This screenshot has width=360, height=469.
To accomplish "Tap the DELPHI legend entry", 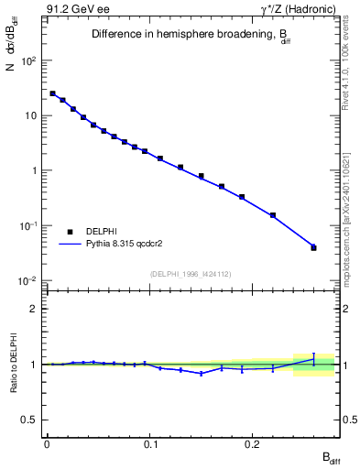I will click(101, 231).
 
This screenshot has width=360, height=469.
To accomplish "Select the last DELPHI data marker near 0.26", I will click(313, 247).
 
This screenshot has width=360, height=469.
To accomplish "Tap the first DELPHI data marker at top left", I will click(52, 93).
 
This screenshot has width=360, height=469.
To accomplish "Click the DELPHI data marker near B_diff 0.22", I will click(273, 215).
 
